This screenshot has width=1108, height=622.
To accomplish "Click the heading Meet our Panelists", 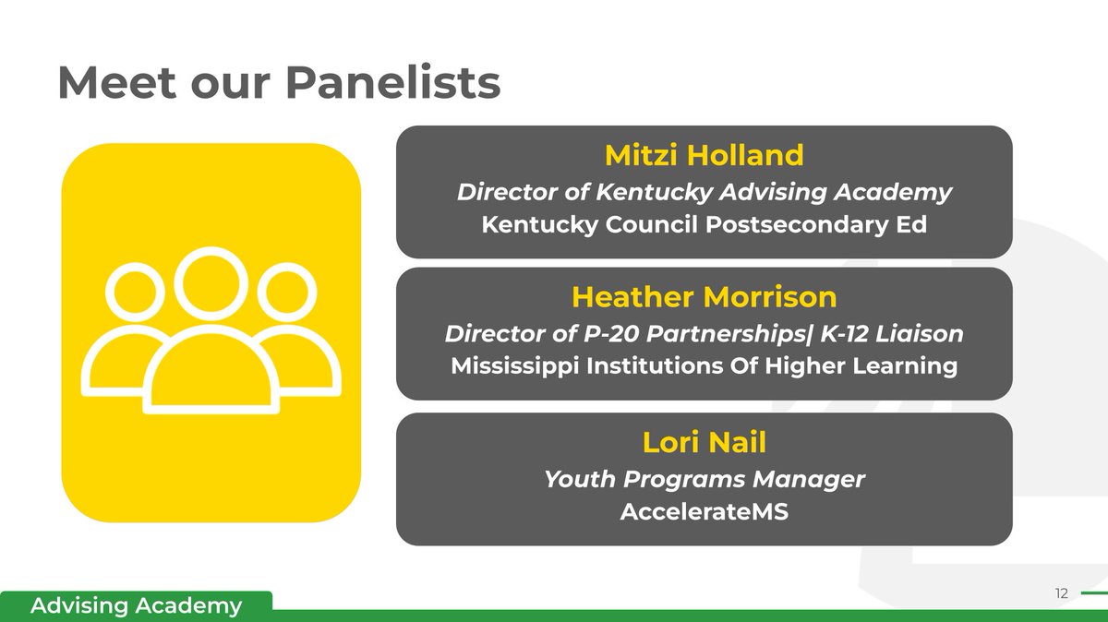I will coord(279,84).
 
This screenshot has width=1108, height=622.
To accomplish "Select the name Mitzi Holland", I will coord(704,155).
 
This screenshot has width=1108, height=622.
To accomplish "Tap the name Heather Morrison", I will coord(704,297).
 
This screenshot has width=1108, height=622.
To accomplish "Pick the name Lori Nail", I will coord(704,442).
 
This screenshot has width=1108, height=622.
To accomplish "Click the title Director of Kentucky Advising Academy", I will coord(704,192).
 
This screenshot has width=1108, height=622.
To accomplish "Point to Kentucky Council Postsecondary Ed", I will coord(704,225).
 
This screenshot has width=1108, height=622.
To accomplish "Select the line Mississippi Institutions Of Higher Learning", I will coord(704,366).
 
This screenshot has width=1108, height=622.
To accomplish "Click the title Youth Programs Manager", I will coord(704,479).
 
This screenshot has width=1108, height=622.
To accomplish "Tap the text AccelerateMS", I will coord(704,511).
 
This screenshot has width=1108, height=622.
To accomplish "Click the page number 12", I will coord(1060,593).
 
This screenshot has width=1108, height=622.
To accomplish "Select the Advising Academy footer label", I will coord(136,606).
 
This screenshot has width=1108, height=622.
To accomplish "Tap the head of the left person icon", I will coord(135,293).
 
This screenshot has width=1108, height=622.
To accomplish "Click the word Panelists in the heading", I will coord(392,84).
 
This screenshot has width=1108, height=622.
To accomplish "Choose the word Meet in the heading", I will coord(107,84).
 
